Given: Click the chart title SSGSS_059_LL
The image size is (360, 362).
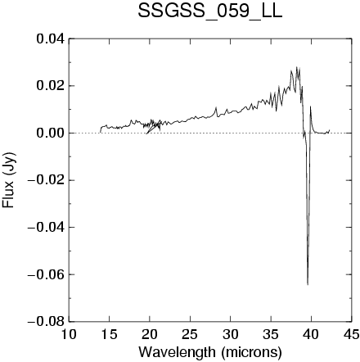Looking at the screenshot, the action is (x=209, y=12).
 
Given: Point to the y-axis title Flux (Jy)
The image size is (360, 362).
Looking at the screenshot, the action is (x=8, y=180).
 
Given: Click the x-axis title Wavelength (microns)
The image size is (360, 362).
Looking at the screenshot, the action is (x=210, y=352).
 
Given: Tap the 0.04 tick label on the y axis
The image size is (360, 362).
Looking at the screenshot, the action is (x=51, y=38).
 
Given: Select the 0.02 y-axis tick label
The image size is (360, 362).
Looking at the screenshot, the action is (x=51, y=86).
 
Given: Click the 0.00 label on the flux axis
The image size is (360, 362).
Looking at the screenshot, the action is (x=51, y=133).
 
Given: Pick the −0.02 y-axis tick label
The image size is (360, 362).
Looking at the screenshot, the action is (x=47, y=180).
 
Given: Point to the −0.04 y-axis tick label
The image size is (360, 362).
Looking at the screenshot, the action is (x=47, y=228).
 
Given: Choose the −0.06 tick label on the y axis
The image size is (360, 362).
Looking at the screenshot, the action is (x=47, y=274).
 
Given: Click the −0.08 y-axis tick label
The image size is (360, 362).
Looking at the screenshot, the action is (x=47, y=322).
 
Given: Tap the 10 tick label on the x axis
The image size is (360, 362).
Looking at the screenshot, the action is (x=69, y=334).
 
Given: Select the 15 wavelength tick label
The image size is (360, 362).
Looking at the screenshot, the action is (x=109, y=334).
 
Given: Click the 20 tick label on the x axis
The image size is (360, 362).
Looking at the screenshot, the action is (x=150, y=334).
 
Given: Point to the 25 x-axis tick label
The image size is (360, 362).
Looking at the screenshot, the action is (x=190, y=334).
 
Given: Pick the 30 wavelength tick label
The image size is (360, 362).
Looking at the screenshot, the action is (x=230, y=334).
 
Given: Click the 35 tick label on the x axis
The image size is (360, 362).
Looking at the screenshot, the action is (x=271, y=334).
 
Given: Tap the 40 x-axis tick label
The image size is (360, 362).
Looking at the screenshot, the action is (x=311, y=334).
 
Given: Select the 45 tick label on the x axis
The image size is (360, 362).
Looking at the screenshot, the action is (x=352, y=334).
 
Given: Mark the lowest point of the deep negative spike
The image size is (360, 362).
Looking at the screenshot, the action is (x=308, y=285).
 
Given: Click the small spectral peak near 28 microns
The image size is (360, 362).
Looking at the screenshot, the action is (x=216, y=107).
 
